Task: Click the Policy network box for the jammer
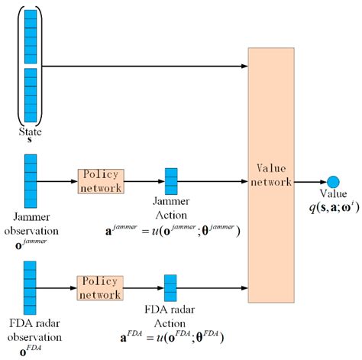click(101, 181)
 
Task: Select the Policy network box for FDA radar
click(101, 288)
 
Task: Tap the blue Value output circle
click(332, 182)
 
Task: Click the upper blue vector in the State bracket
click(30, 34)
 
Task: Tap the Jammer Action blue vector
click(171, 181)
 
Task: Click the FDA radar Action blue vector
click(171, 288)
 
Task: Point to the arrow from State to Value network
click(145, 66)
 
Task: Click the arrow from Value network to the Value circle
click(310, 182)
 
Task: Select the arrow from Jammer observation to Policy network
click(57, 182)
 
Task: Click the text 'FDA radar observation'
click(31, 326)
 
